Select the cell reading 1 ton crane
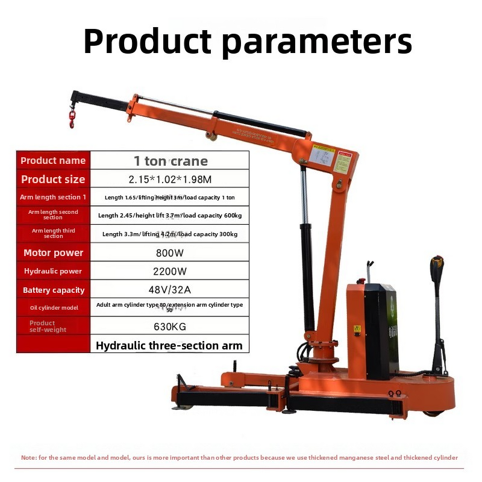coord(171,161)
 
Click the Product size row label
coord(53,179)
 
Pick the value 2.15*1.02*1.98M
coord(171,179)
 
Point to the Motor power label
coord(53,252)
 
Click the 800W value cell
coord(171,252)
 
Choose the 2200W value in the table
coord(171,271)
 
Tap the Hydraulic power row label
coord(53,271)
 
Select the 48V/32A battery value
coord(171,289)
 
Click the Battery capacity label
coord(53,290)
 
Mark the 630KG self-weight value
coord(171,327)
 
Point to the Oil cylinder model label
coord(53,308)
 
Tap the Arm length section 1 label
coord(53,197)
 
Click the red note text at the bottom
coord(239,458)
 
